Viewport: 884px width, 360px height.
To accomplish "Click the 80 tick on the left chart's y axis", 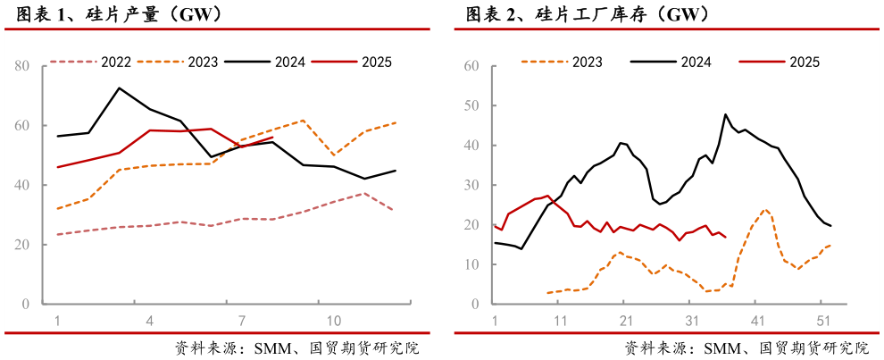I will coord(21,66).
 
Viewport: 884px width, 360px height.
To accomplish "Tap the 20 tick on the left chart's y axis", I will coord(21,245).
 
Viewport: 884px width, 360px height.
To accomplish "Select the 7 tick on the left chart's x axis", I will coord(241,321).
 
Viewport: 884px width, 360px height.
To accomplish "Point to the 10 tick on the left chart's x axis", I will coord(334,321).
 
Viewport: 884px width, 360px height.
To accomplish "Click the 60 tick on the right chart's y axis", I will coord(473,66).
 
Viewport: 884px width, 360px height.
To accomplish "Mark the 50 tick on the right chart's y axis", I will coord(473,106).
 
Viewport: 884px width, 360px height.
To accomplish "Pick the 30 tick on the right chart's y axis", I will coord(473,186).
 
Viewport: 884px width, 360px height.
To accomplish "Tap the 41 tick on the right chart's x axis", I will coord(756,321).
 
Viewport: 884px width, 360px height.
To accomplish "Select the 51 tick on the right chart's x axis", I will coord(822,321).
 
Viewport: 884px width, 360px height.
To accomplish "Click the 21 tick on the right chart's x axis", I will coord(625,321).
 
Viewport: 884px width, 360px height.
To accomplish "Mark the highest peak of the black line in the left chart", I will coord(119,88).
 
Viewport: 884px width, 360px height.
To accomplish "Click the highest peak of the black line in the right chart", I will coord(725,114).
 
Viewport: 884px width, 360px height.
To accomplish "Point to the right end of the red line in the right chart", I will coord(725,237).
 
